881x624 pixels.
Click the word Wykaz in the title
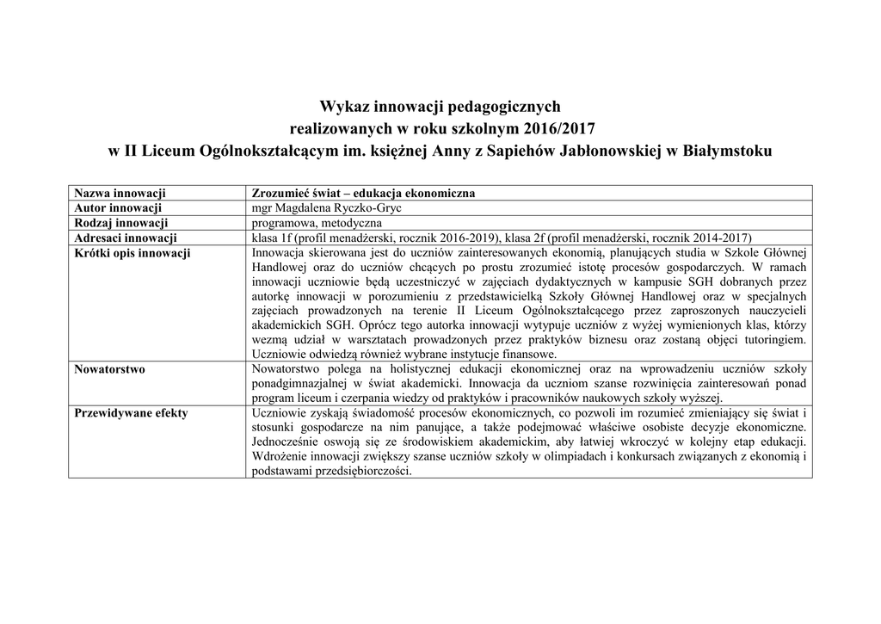pyautogui.click(x=343, y=107)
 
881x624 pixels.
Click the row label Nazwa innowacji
pyautogui.click(x=120, y=193)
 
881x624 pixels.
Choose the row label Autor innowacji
pyautogui.click(x=119, y=208)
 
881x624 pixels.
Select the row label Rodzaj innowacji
pyautogui.click(x=121, y=223)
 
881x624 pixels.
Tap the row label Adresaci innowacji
pyautogui.click(x=126, y=238)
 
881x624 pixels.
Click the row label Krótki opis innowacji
pyautogui.click(x=132, y=253)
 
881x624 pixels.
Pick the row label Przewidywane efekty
pyautogui.click(x=132, y=413)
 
